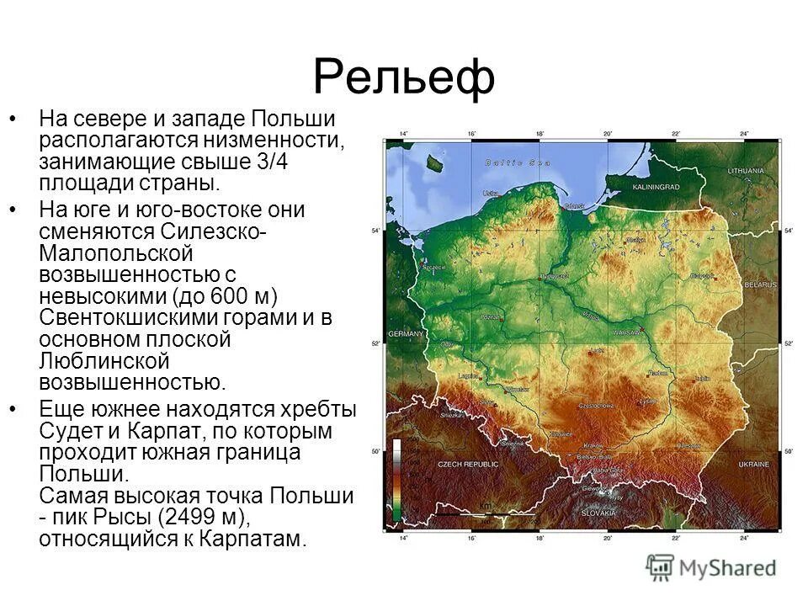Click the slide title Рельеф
(x=403, y=77)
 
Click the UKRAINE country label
(x=753, y=465)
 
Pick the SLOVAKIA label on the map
(x=598, y=513)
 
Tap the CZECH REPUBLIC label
(x=468, y=465)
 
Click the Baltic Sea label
(x=518, y=162)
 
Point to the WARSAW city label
(x=627, y=332)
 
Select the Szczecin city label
(x=433, y=267)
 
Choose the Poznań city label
(x=491, y=317)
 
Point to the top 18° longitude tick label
(x=540, y=134)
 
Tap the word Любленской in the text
(x=104, y=362)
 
